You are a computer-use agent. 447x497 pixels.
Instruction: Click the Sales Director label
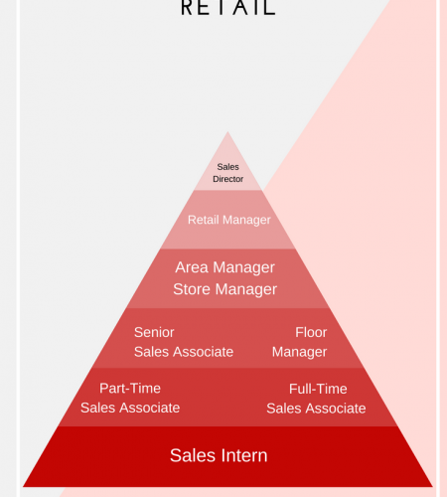[227, 173]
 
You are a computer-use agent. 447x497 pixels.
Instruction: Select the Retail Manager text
[229, 220]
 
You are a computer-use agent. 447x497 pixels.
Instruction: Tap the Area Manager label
[224, 267]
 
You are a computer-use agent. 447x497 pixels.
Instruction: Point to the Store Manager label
[224, 289]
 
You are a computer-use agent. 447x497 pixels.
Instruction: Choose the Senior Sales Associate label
[184, 342]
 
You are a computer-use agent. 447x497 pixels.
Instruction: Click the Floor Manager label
[299, 342]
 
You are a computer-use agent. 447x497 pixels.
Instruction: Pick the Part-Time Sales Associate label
[130, 398]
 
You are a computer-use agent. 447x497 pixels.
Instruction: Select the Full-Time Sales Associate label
[316, 399]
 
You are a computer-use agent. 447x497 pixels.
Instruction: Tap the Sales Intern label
[219, 455]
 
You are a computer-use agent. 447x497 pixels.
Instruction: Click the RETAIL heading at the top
[228, 8]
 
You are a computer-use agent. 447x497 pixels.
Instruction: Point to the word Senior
[154, 332]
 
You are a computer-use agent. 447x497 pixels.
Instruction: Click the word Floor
[311, 332]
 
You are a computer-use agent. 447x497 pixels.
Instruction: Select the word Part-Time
[130, 389]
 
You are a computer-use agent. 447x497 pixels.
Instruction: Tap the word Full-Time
[318, 389]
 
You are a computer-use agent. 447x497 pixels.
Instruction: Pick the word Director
[227, 179]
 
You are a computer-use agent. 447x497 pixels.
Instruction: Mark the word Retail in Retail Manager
[204, 220]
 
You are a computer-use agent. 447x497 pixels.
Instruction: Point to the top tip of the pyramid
[227, 131]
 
